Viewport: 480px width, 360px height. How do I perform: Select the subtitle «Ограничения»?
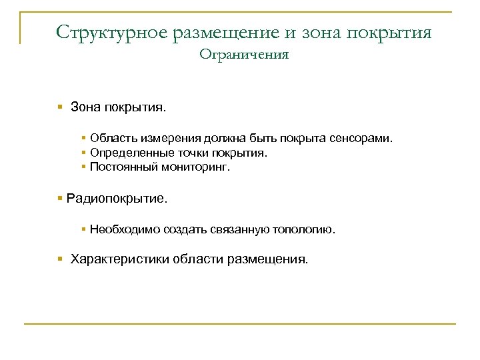(243, 55)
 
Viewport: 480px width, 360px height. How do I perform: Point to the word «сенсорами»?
(363, 139)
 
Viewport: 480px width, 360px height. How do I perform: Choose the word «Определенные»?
(129, 153)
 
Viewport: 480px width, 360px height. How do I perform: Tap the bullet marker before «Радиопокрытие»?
(60, 198)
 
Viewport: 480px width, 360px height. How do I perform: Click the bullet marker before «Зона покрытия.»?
(60, 107)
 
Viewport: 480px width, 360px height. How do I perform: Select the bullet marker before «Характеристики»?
(60, 259)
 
